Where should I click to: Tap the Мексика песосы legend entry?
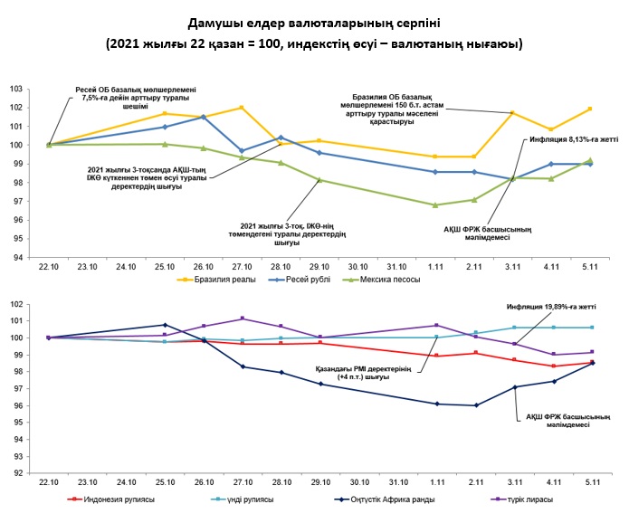[389, 279]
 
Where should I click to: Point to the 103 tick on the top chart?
[15, 89]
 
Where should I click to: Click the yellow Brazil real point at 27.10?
[242, 108]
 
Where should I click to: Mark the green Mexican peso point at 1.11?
[435, 205]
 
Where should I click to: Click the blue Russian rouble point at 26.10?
[204, 117]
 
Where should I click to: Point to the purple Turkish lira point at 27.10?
[242, 319]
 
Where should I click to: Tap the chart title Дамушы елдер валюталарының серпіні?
[313, 22]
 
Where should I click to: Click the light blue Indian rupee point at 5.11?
[591, 328]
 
